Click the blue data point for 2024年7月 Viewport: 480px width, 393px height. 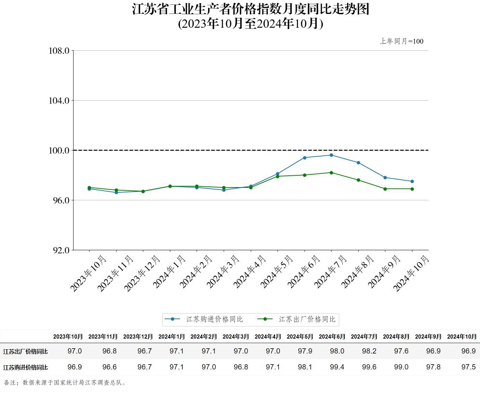click(331, 155)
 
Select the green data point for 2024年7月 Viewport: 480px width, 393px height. click(331, 173)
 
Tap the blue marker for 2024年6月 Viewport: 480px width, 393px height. click(305, 158)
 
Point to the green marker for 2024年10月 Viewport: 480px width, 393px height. click(412, 189)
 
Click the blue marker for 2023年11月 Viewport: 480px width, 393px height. click(116, 192)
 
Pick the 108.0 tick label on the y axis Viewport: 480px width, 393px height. click(59, 51)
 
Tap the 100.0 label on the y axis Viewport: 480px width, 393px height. click(59, 150)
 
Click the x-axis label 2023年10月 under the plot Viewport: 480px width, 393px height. click(88, 274)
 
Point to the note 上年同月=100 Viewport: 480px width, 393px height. click(402, 41)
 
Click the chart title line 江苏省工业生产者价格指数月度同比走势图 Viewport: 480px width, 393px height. click(250, 9)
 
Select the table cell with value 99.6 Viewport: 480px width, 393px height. click(369, 367)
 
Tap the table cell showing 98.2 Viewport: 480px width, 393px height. click(369, 351)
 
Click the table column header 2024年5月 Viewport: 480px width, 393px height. click(300, 337)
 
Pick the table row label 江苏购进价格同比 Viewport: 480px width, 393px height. click(25, 367)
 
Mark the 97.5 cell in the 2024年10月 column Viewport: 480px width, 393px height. click(468, 367)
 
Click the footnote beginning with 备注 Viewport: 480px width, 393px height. click(65, 383)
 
